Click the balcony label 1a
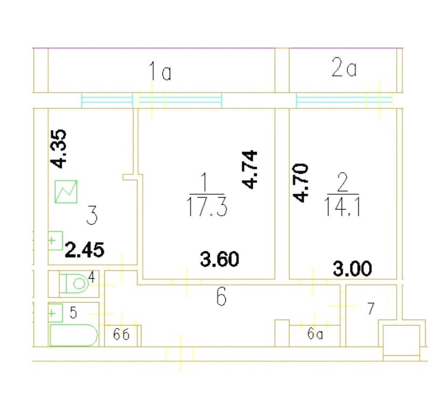coord(160,72)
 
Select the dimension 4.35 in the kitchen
coord(58,149)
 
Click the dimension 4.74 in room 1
coord(249,169)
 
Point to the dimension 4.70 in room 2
coord(300,183)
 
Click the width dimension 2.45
coord(85,250)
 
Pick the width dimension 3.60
coord(220,259)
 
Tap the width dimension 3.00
coord(352,268)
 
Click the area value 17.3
coord(207,206)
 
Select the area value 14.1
coord(342,206)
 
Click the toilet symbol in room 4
coord(74,283)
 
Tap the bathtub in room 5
coord(74,335)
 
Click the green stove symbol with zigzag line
coord(66,191)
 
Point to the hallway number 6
coord(222,296)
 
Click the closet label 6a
coord(315,334)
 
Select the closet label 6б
coord(121,334)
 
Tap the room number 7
coord(371,308)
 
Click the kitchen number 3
coord(92,215)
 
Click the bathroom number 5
coord(73,312)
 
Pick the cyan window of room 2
coord(344,101)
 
